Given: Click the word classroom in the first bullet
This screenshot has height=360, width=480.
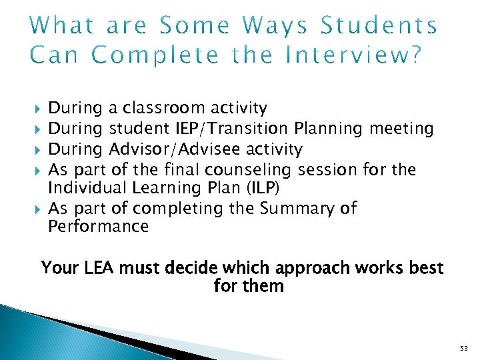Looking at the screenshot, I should coord(165,107).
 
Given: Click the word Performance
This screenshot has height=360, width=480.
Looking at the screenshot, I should coord(99,227).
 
